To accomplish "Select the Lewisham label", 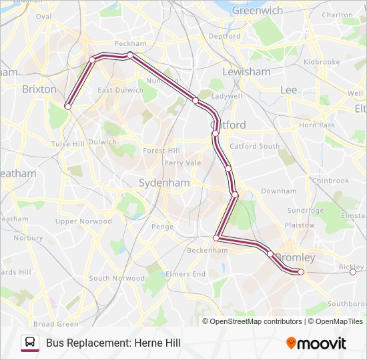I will (x=247, y=71).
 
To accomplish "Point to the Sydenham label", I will (x=163, y=183).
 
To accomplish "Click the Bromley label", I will (x=296, y=257).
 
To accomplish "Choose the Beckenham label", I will (x=208, y=250).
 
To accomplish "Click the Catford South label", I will (x=254, y=146).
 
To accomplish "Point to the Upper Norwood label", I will (x=83, y=221).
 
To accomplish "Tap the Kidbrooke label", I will (x=322, y=62).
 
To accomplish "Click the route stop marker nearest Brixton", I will (x=67, y=105).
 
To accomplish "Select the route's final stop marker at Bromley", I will (x=301, y=271).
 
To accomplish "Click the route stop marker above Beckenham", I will (x=216, y=238).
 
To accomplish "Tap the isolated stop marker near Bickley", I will (x=353, y=271).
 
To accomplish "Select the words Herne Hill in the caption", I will (x=157, y=343).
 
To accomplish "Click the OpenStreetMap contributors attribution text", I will (x=256, y=321).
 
